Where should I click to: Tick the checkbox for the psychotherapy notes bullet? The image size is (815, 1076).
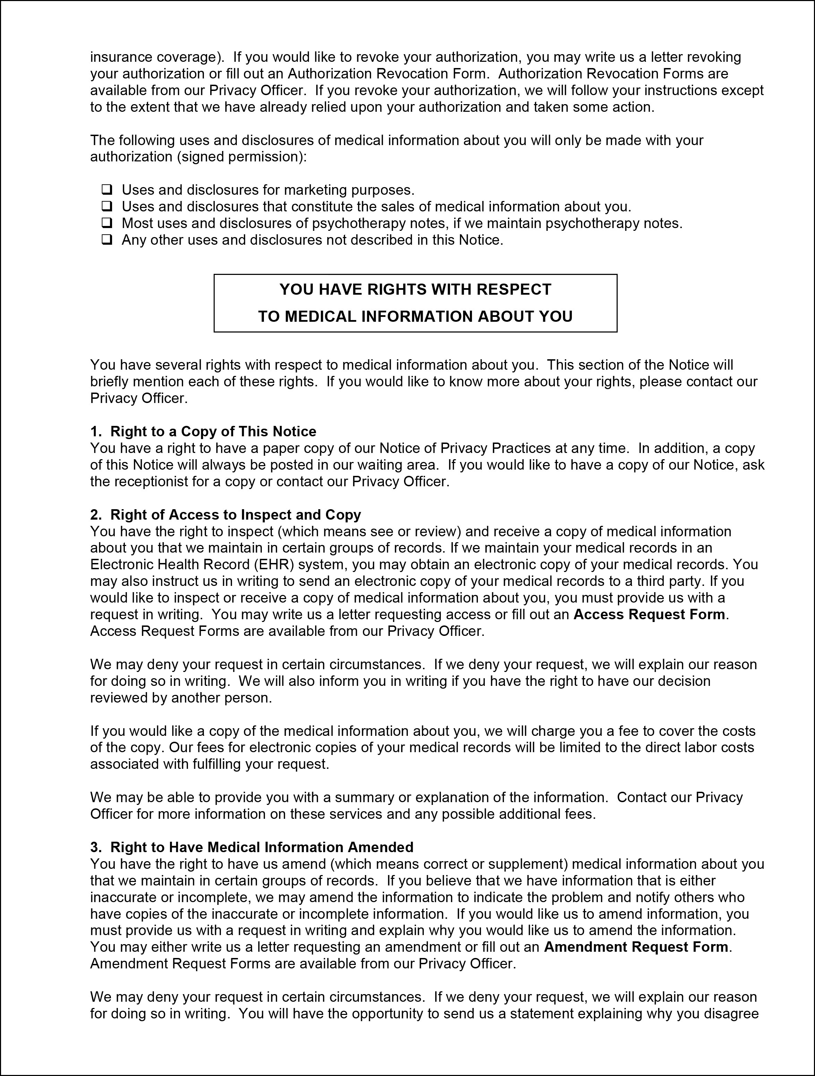pyautogui.click(x=106, y=223)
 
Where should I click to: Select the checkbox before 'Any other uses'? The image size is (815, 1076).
pyautogui.click(x=106, y=239)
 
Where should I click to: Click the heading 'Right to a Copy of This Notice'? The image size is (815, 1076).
pyautogui.click(x=213, y=431)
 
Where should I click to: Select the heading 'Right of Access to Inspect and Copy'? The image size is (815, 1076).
pyautogui.click(x=236, y=515)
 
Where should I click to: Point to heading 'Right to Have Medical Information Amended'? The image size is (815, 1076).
pyautogui.click(x=261, y=847)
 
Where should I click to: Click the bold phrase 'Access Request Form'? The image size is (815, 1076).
pyautogui.click(x=649, y=614)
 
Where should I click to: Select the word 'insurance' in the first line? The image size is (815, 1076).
pyautogui.click(x=121, y=57)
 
